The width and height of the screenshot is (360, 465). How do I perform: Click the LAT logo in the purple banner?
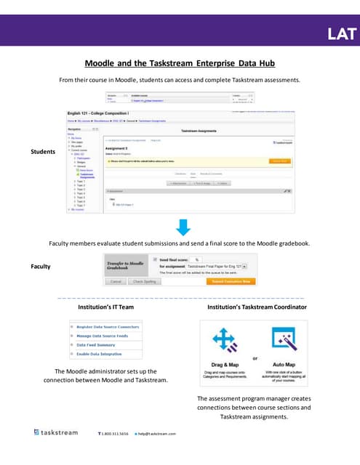click(342, 33)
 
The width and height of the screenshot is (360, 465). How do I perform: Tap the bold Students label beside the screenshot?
click(43, 151)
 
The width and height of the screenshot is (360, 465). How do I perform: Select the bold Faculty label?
click(41, 266)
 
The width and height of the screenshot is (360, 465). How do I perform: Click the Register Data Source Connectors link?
click(108, 328)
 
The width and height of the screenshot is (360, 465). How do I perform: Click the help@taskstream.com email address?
click(157, 434)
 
